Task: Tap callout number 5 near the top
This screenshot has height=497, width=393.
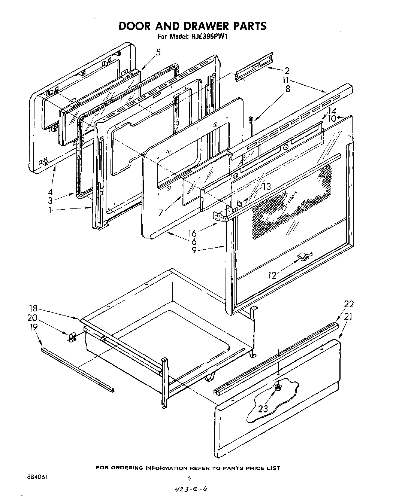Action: pos(158,52)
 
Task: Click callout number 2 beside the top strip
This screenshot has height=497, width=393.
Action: pos(287,70)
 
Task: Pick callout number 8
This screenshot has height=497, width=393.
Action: pos(287,89)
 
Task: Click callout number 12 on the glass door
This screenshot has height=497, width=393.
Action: pos(272,275)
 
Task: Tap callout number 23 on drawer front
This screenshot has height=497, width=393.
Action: pos(263,409)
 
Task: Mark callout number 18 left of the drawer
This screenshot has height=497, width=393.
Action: pos(33,308)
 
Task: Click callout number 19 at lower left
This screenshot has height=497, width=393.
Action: pos(33,327)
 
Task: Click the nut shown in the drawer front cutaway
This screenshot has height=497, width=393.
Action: pos(278,388)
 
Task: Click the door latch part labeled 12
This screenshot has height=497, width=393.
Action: pos(305,256)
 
